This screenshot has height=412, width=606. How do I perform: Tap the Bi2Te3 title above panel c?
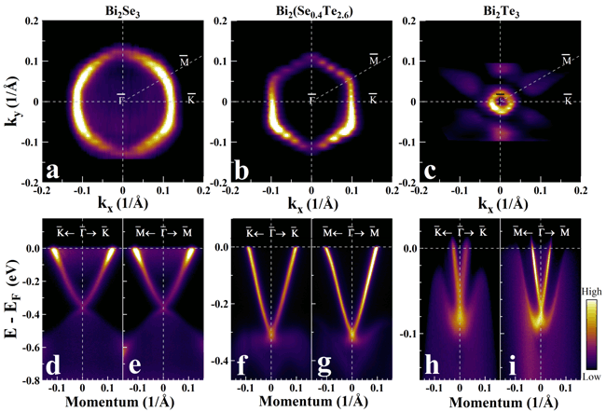pos(501,8)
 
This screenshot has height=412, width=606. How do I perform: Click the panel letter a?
pos(54,171)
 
